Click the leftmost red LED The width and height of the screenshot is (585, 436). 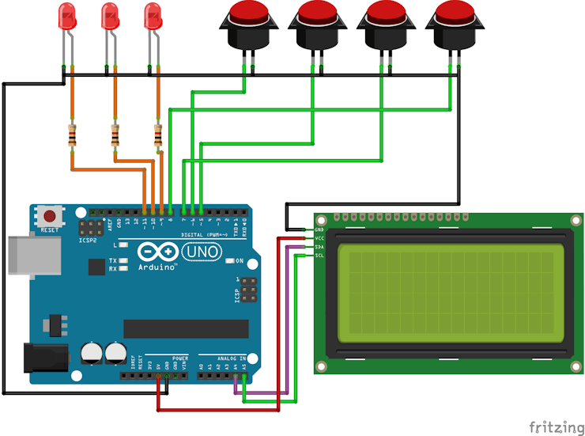click(x=68, y=15)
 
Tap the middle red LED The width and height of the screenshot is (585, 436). click(x=111, y=15)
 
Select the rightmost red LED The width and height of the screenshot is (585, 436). click(x=153, y=15)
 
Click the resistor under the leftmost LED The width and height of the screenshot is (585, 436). click(x=73, y=137)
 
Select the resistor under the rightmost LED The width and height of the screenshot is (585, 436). click(x=158, y=137)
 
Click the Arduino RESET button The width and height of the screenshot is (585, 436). click(x=50, y=216)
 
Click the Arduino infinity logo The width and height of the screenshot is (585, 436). click(x=155, y=252)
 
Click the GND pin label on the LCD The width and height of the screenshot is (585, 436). click(x=319, y=229)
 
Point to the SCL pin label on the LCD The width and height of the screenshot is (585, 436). click(x=319, y=256)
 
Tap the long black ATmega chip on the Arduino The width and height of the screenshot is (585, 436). click(x=186, y=328)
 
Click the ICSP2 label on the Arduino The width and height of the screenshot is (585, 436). click(x=88, y=240)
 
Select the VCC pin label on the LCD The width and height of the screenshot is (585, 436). click(x=319, y=238)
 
